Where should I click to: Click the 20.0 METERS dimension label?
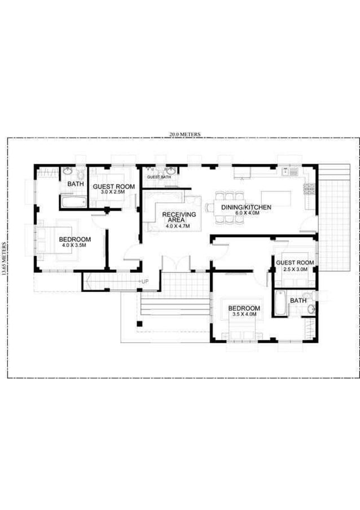[185, 134]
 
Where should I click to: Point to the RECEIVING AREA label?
[179, 217]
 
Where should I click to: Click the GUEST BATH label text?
[159, 177]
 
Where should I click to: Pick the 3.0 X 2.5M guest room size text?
[113, 193]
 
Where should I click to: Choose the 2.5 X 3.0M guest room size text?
[295, 269]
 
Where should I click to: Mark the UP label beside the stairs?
[145, 281]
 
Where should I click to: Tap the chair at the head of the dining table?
[210, 207]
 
